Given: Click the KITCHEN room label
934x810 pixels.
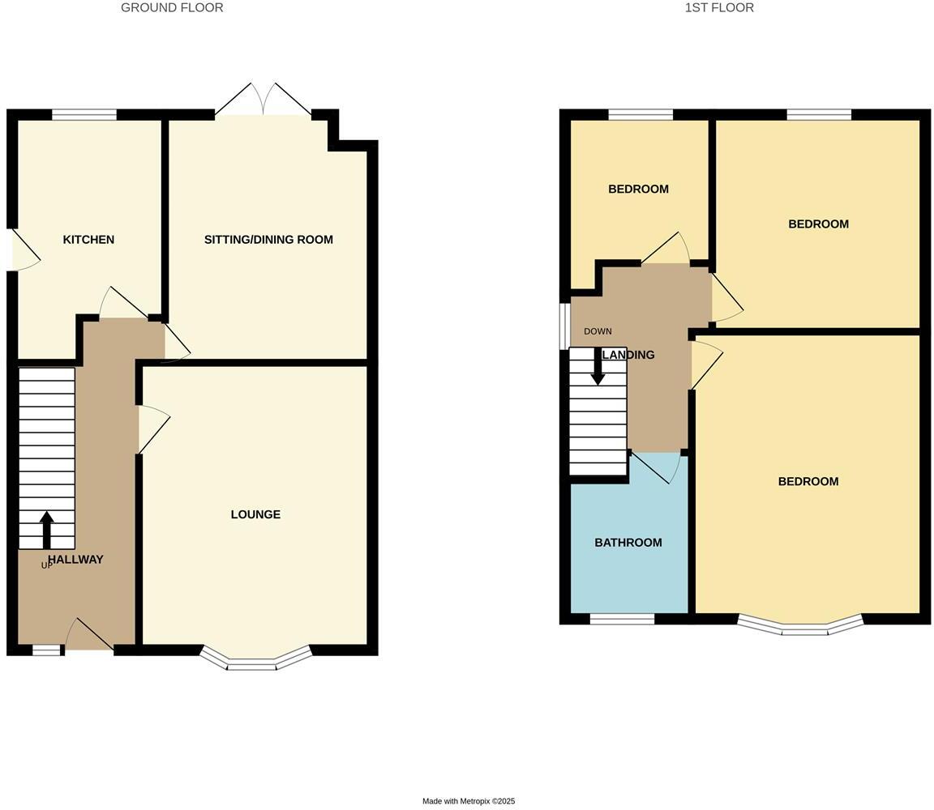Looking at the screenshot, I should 88,240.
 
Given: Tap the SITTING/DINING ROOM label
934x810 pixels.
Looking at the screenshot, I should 268,240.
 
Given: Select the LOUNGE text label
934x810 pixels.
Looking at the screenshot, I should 255,514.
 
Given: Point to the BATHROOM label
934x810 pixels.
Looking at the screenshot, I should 628,543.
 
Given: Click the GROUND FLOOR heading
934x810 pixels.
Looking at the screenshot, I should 172,8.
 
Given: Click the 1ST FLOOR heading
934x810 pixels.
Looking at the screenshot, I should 719,8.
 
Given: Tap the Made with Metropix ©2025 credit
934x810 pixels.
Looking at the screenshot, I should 469,801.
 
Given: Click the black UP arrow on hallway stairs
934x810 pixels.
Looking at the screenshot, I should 46,529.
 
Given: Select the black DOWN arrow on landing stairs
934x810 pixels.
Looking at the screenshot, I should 598,367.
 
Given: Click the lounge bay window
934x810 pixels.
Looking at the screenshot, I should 255,660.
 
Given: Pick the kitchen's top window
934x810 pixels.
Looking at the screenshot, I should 84,114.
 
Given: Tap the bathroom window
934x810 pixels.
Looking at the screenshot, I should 622,619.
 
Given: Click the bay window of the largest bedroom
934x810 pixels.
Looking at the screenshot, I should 801,625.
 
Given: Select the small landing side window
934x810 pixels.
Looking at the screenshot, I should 564,326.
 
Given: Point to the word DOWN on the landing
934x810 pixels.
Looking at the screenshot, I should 598,331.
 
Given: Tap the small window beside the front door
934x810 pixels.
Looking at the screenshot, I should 46,650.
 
